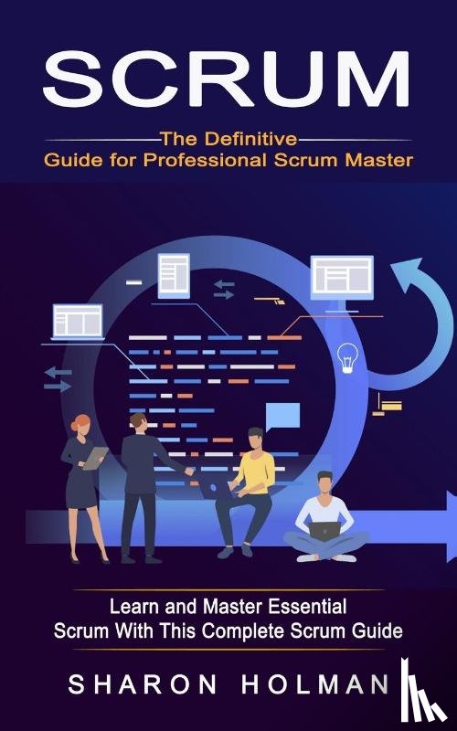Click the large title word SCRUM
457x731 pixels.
226,79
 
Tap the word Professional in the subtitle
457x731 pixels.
205,160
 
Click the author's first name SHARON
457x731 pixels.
143,684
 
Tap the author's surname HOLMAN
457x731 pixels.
315,684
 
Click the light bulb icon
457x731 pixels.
347,357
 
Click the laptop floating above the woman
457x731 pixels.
78,322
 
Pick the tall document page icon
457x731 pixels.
174,276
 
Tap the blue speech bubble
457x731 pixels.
282,417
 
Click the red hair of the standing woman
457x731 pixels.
80,423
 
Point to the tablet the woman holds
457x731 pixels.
95,458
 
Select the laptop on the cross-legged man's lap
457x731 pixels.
325,531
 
